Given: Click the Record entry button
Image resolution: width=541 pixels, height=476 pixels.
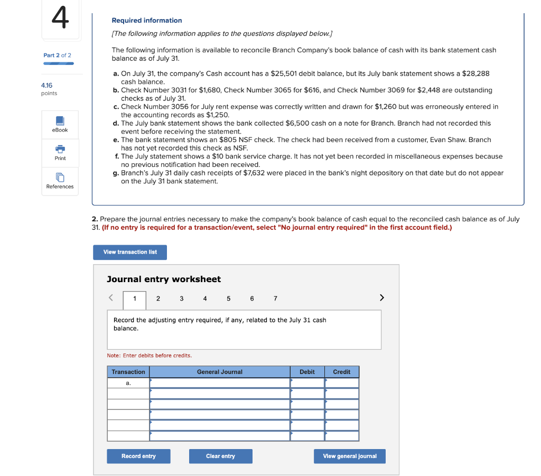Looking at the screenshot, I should click(x=138, y=456).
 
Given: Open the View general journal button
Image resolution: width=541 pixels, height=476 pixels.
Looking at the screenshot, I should click(x=350, y=456).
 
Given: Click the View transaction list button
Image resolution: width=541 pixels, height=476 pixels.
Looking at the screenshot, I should click(x=130, y=252).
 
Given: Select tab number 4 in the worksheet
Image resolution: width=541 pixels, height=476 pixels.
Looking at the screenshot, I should click(x=205, y=298).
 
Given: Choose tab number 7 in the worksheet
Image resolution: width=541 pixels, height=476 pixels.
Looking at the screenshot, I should click(x=275, y=298).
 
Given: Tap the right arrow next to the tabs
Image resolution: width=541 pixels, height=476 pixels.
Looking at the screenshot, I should click(x=382, y=298).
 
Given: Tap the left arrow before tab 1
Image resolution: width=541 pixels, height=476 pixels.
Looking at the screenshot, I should click(x=111, y=298).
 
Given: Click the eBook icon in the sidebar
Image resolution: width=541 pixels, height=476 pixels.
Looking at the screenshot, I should click(x=60, y=121).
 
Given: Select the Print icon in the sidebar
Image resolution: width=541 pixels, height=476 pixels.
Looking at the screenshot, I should click(x=60, y=150).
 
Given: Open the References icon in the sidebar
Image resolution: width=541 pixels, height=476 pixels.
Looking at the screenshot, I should click(x=60, y=178).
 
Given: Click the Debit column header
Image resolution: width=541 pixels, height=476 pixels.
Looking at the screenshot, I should click(x=307, y=372).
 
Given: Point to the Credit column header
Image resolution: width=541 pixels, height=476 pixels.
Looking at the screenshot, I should click(x=341, y=372).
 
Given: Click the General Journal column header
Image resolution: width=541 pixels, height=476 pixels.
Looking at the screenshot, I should click(x=219, y=372).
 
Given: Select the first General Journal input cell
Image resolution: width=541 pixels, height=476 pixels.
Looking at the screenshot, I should click(x=219, y=383).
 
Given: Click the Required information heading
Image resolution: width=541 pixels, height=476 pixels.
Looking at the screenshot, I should click(x=146, y=21).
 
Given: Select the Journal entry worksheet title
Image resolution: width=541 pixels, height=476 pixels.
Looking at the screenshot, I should click(x=164, y=279).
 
